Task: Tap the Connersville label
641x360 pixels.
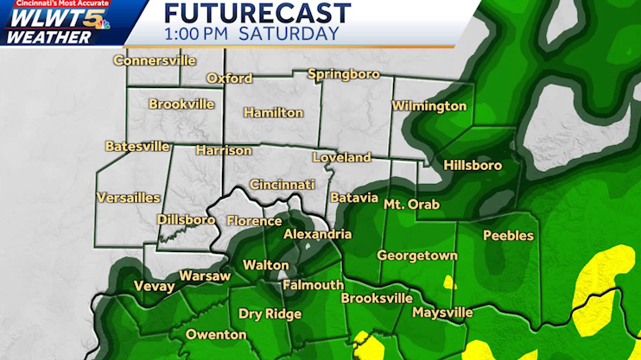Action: [x=155, y=61]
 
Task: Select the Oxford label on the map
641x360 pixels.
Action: [x=229, y=79]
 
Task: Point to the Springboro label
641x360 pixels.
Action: [x=343, y=74]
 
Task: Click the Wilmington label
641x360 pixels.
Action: [x=428, y=106]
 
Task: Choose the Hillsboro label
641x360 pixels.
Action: [x=472, y=165]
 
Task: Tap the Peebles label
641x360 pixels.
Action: [x=508, y=236]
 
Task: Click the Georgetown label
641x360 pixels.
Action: [x=416, y=256]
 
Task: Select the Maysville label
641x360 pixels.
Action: [x=442, y=312]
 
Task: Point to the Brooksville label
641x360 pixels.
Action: [x=376, y=298]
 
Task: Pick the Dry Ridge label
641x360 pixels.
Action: [x=270, y=313]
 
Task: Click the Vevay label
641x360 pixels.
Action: [x=151, y=287]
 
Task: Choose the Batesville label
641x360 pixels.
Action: [x=137, y=147]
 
